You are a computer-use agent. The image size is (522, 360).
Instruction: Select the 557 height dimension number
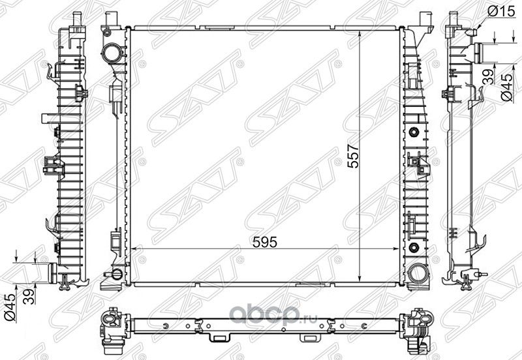(x=353, y=155)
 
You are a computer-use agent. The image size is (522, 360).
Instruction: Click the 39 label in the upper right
(x=485, y=78)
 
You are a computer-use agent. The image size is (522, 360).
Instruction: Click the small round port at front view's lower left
(x=116, y=274)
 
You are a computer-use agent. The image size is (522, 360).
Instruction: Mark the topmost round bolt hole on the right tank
(x=414, y=133)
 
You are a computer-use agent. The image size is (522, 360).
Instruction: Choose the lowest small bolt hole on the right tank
(x=414, y=247)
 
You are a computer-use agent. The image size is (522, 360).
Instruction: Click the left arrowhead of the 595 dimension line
(x=133, y=249)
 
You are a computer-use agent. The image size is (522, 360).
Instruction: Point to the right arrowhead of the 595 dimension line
(x=398, y=249)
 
